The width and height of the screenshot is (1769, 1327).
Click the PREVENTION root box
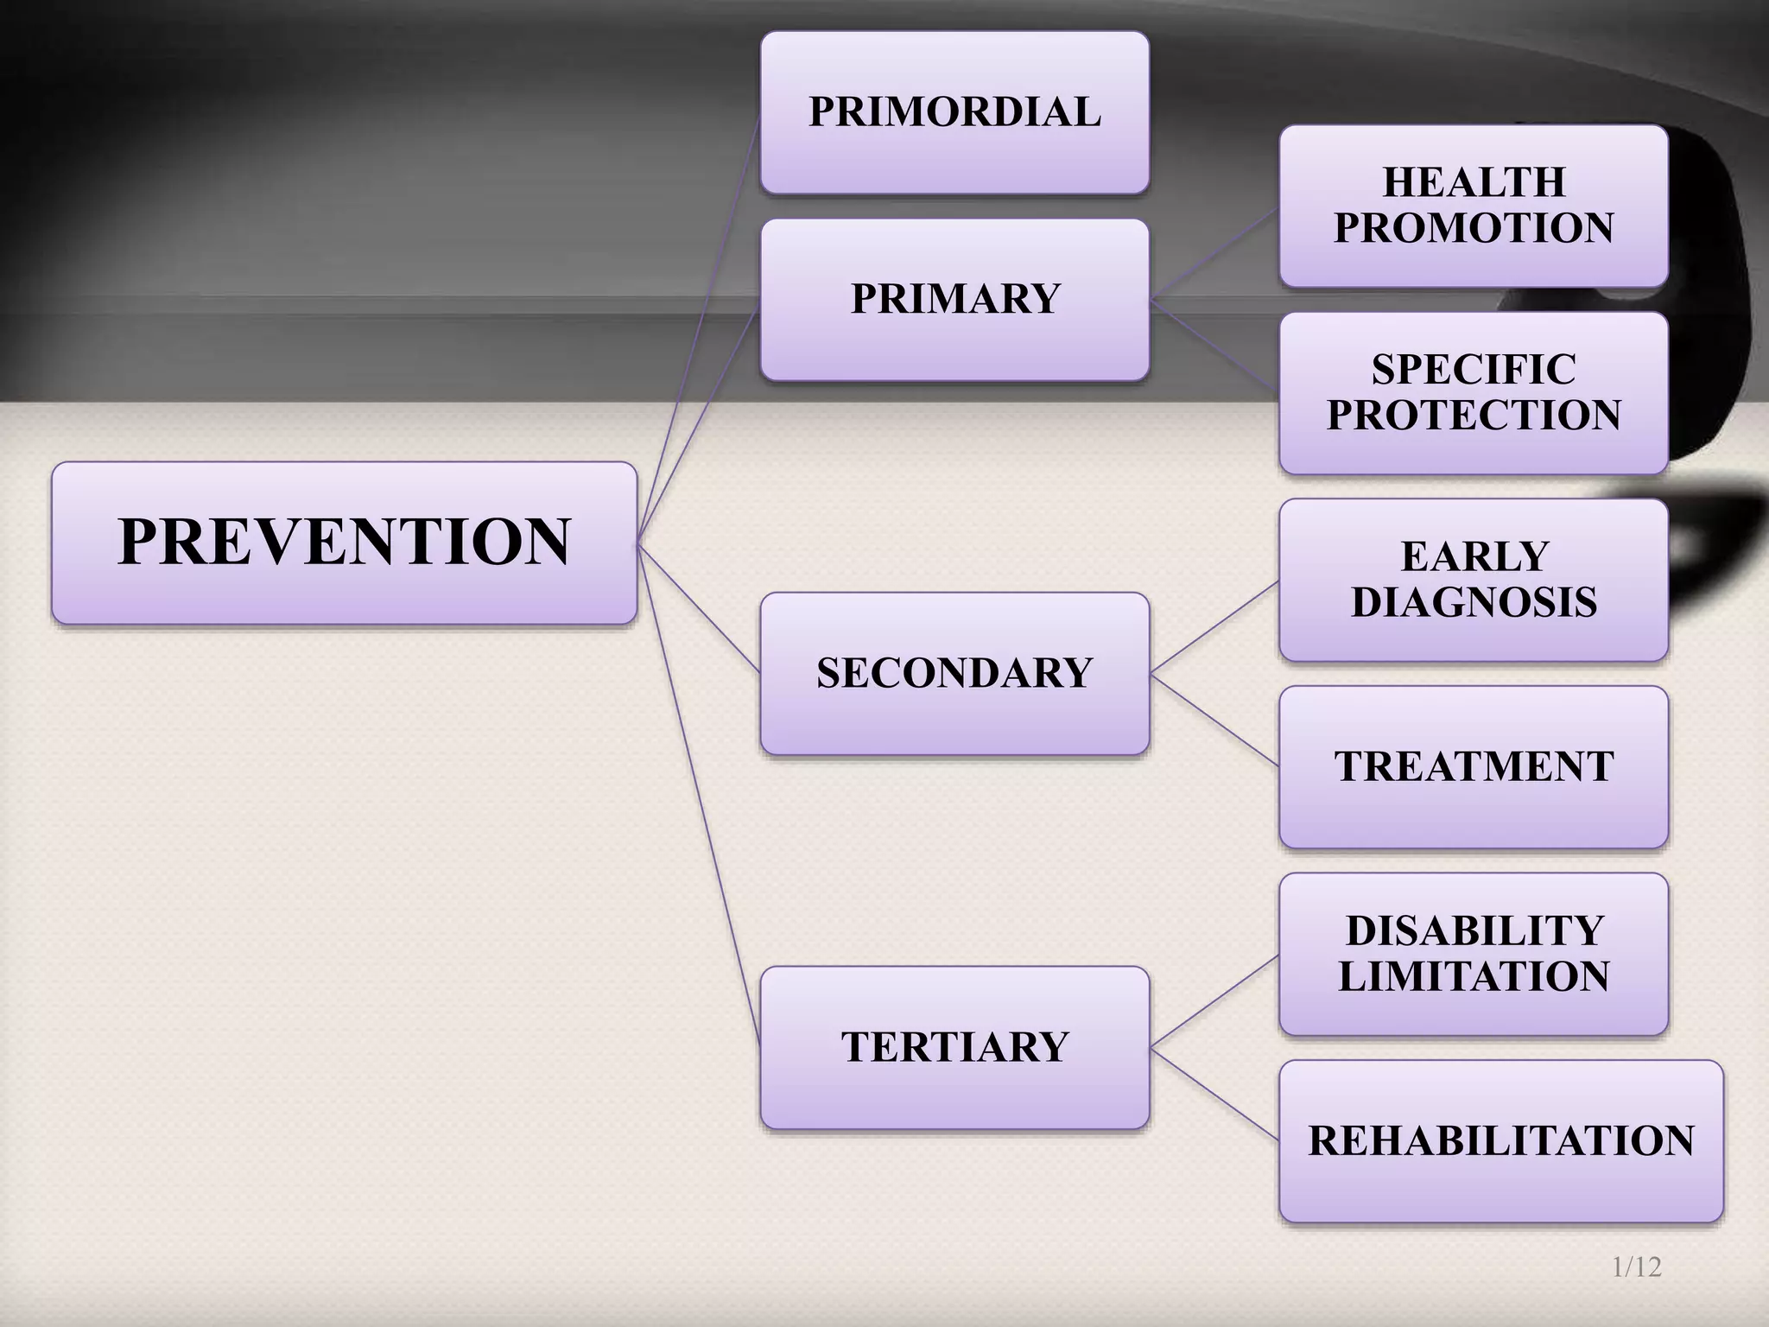coord(344,543)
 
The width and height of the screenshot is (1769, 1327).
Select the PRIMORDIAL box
coord(954,112)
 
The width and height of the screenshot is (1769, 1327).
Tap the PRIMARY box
coord(954,299)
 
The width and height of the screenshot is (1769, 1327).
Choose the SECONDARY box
coord(954,673)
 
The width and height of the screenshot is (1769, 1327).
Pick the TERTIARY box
coord(954,1047)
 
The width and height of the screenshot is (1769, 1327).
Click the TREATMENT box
coord(1474,766)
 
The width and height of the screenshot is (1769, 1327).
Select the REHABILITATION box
coord(1501,1140)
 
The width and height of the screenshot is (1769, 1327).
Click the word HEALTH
coord(1474,182)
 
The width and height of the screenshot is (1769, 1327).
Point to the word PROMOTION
coord(1474,228)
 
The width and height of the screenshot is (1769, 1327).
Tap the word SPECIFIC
coord(1474,370)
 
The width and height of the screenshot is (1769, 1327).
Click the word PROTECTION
coord(1474,415)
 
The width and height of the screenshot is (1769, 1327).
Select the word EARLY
coord(1474,556)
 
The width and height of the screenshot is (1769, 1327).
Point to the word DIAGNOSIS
coord(1474,602)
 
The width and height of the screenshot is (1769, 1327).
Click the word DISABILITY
coord(1474,930)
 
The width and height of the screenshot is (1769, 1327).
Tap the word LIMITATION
coord(1474,976)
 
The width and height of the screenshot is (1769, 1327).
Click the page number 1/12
coord(1636,1267)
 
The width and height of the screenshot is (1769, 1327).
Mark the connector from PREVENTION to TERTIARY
coord(699,795)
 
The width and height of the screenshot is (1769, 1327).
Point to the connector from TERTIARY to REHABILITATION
coord(1214,1094)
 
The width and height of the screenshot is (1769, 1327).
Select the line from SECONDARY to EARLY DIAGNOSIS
coord(1214,626)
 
